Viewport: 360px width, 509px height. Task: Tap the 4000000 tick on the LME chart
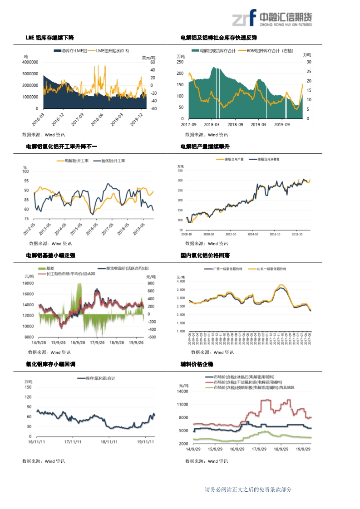(30, 62)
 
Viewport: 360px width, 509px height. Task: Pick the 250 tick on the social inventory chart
(180, 62)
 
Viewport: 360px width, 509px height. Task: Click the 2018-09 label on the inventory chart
(235, 124)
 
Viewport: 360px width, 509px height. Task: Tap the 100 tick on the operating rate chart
(25, 171)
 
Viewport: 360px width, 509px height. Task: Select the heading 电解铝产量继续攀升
(205, 147)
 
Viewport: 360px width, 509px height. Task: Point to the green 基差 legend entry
(47, 269)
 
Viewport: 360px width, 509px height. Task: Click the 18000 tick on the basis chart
(28, 283)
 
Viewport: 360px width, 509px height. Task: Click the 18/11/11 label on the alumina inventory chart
(109, 441)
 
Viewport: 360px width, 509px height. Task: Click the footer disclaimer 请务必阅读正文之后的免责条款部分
(248, 489)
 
